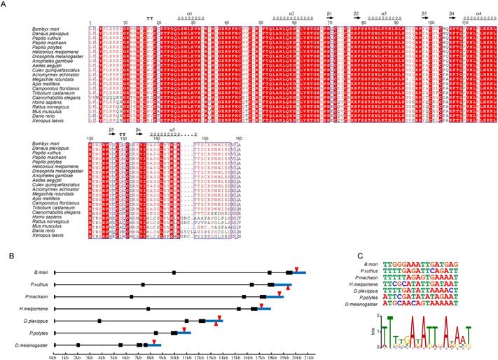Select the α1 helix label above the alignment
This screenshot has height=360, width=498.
(190, 13)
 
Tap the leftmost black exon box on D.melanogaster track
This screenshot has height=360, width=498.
(78, 345)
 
